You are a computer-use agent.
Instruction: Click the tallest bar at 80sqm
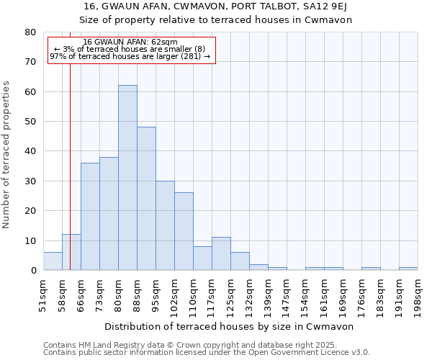pyautogui.click(x=127, y=178)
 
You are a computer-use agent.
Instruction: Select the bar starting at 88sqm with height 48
pyautogui.click(x=146, y=199)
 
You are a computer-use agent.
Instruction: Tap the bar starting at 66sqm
pyautogui.click(x=90, y=216)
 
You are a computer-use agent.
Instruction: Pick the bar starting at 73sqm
pyautogui.click(x=109, y=213)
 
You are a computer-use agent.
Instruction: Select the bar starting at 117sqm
pyautogui.click(x=221, y=253)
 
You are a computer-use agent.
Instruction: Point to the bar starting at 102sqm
pyautogui.click(x=184, y=231)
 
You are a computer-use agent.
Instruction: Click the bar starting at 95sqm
pyautogui.click(x=165, y=225)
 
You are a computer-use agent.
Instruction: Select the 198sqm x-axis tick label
pyautogui.click(x=418, y=294)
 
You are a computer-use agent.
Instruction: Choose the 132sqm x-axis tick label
pyautogui.click(x=250, y=294)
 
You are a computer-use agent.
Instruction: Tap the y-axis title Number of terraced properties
pyautogui.click(x=6, y=155)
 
